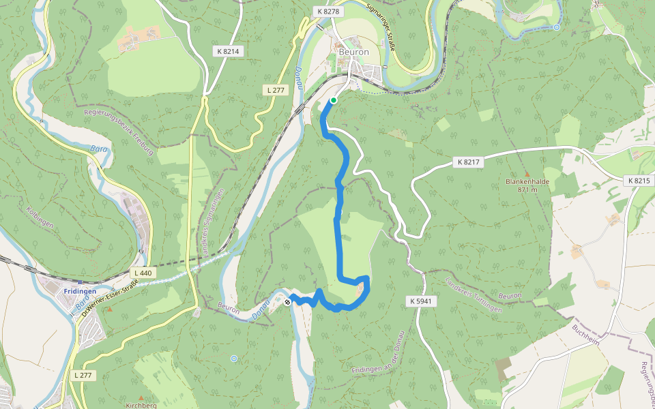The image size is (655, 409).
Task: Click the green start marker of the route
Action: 334,100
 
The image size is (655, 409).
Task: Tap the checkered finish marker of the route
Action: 289,301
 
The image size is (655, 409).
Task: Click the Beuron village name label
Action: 353,52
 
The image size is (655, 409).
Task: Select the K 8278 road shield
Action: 328,12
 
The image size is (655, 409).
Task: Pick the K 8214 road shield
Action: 230,51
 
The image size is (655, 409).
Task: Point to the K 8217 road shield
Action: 467,162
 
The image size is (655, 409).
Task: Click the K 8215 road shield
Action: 637,181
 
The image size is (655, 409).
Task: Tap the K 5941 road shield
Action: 423,301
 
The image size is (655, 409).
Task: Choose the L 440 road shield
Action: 143,273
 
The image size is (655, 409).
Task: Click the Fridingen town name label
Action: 78,291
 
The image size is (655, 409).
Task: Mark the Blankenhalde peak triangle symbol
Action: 527,175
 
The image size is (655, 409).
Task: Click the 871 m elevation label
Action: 527,190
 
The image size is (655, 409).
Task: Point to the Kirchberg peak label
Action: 141,406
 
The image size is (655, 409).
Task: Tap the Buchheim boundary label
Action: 586,335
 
